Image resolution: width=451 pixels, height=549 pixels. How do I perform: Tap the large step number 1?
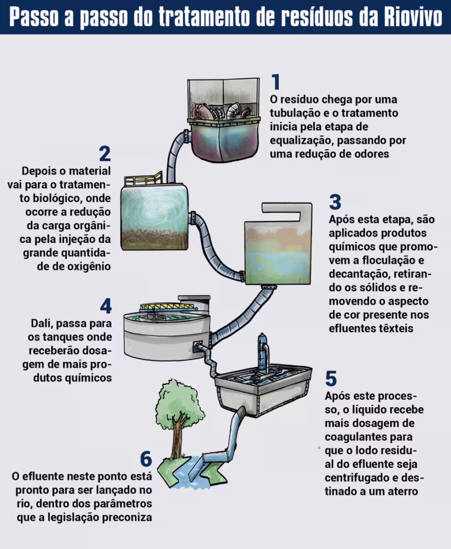[x=276, y=82]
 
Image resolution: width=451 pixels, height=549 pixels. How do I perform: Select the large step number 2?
[x=105, y=153]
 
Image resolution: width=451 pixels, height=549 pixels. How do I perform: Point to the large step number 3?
[x=335, y=202]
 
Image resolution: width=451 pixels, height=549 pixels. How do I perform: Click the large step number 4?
[x=105, y=306]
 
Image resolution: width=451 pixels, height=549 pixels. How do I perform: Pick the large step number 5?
[x=331, y=378]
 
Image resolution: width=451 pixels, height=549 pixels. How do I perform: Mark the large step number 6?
[x=146, y=458]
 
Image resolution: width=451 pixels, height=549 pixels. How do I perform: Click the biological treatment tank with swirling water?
[x=154, y=217]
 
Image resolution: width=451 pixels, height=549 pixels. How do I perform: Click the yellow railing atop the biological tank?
[x=144, y=178]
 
